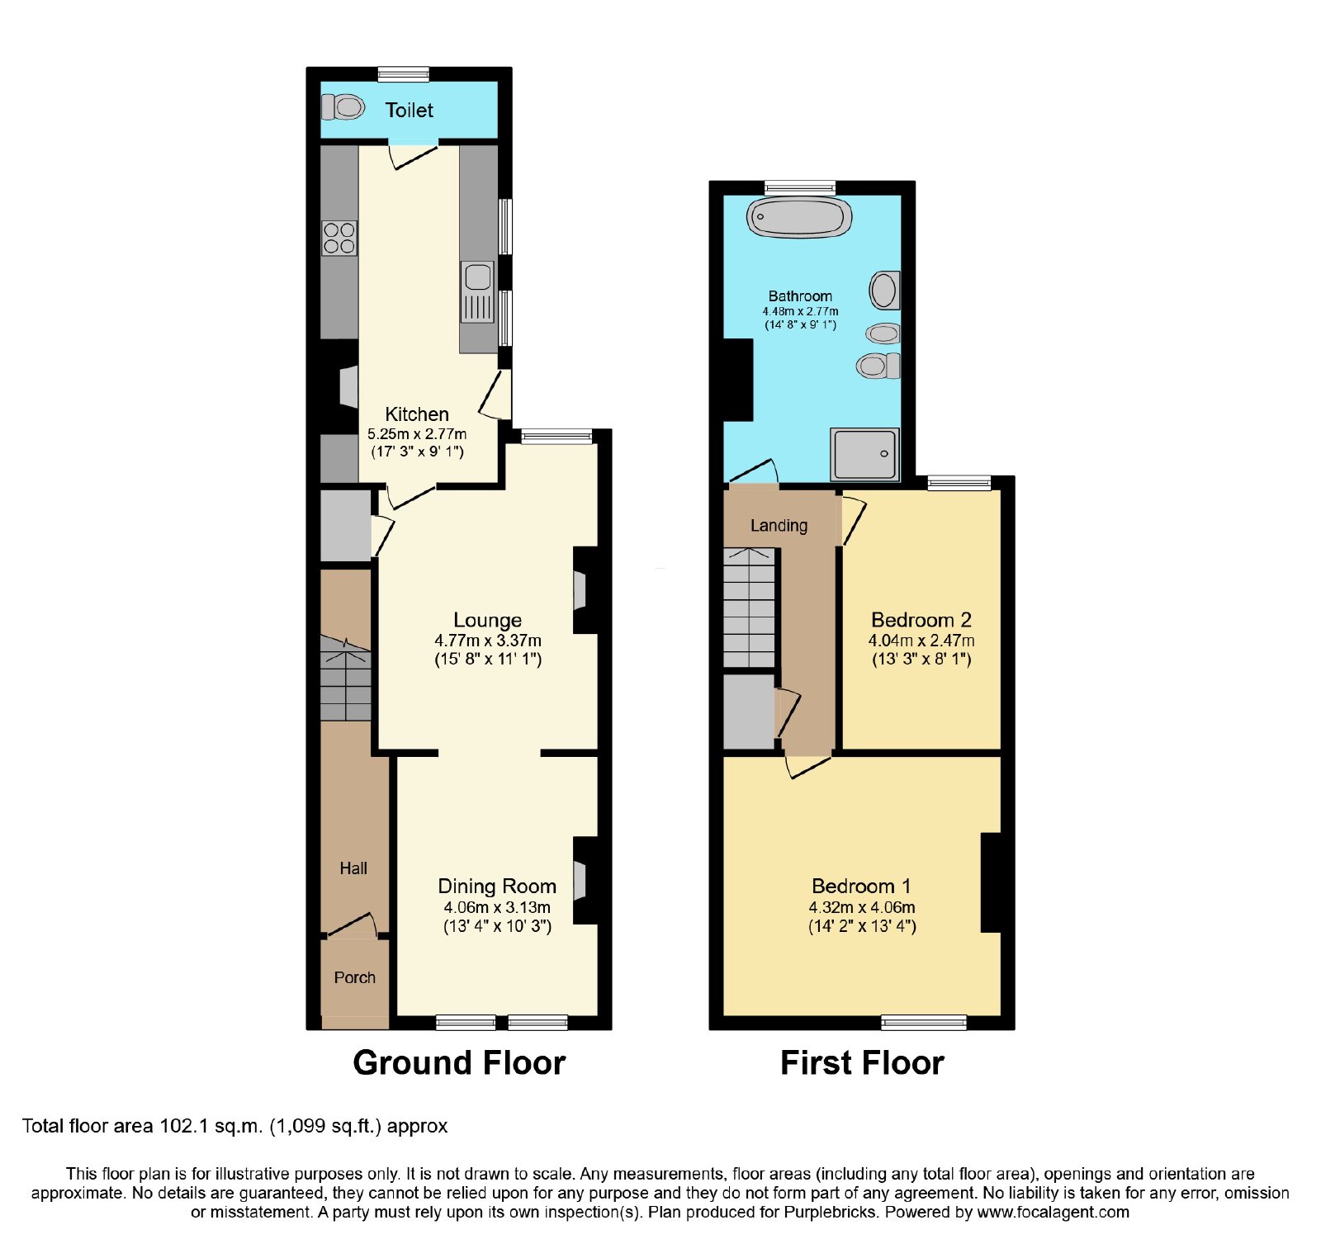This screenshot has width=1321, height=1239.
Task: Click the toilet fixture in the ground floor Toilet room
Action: pyautogui.click(x=343, y=106)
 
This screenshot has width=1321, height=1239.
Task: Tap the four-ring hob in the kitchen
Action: pyautogui.click(x=339, y=238)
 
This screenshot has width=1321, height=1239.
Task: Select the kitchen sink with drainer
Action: pyautogui.click(x=477, y=292)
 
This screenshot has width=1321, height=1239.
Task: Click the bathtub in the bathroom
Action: pyautogui.click(x=799, y=218)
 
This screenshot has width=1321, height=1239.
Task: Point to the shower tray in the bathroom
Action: pyautogui.click(x=864, y=454)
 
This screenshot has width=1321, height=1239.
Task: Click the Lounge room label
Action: pyautogui.click(x=487, y=620)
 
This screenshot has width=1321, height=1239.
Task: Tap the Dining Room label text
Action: pyautogui.click(x=497, y=886)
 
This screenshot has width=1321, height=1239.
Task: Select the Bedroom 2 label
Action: pyautogui.click(x=921, y=620)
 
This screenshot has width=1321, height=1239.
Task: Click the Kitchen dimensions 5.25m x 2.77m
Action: pyautogui.click(x=417, y=433)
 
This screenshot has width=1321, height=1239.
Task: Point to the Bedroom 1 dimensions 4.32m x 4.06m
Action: pyautogui.click(x=862, y=907)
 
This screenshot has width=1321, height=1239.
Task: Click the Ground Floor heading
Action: pyautogui.click(x=459, y=1062)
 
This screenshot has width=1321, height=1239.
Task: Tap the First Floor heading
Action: pyautogui.click(x=862, y=1062)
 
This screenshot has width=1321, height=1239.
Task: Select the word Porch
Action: pyautogui.click(x=355, y=977)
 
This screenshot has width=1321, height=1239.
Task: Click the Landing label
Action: pyautogui.click(x=779, y=526)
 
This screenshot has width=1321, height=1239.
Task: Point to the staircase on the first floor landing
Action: pyautogui.click(x=750, y=608)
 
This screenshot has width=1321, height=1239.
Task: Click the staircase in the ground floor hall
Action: pyautogui.click(x=345, y=678)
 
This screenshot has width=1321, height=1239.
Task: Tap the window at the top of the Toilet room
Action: pyautogui.click(x=404, y=74)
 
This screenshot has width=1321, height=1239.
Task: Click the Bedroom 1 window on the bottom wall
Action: pyautogui.click(x=924, y=1023)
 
